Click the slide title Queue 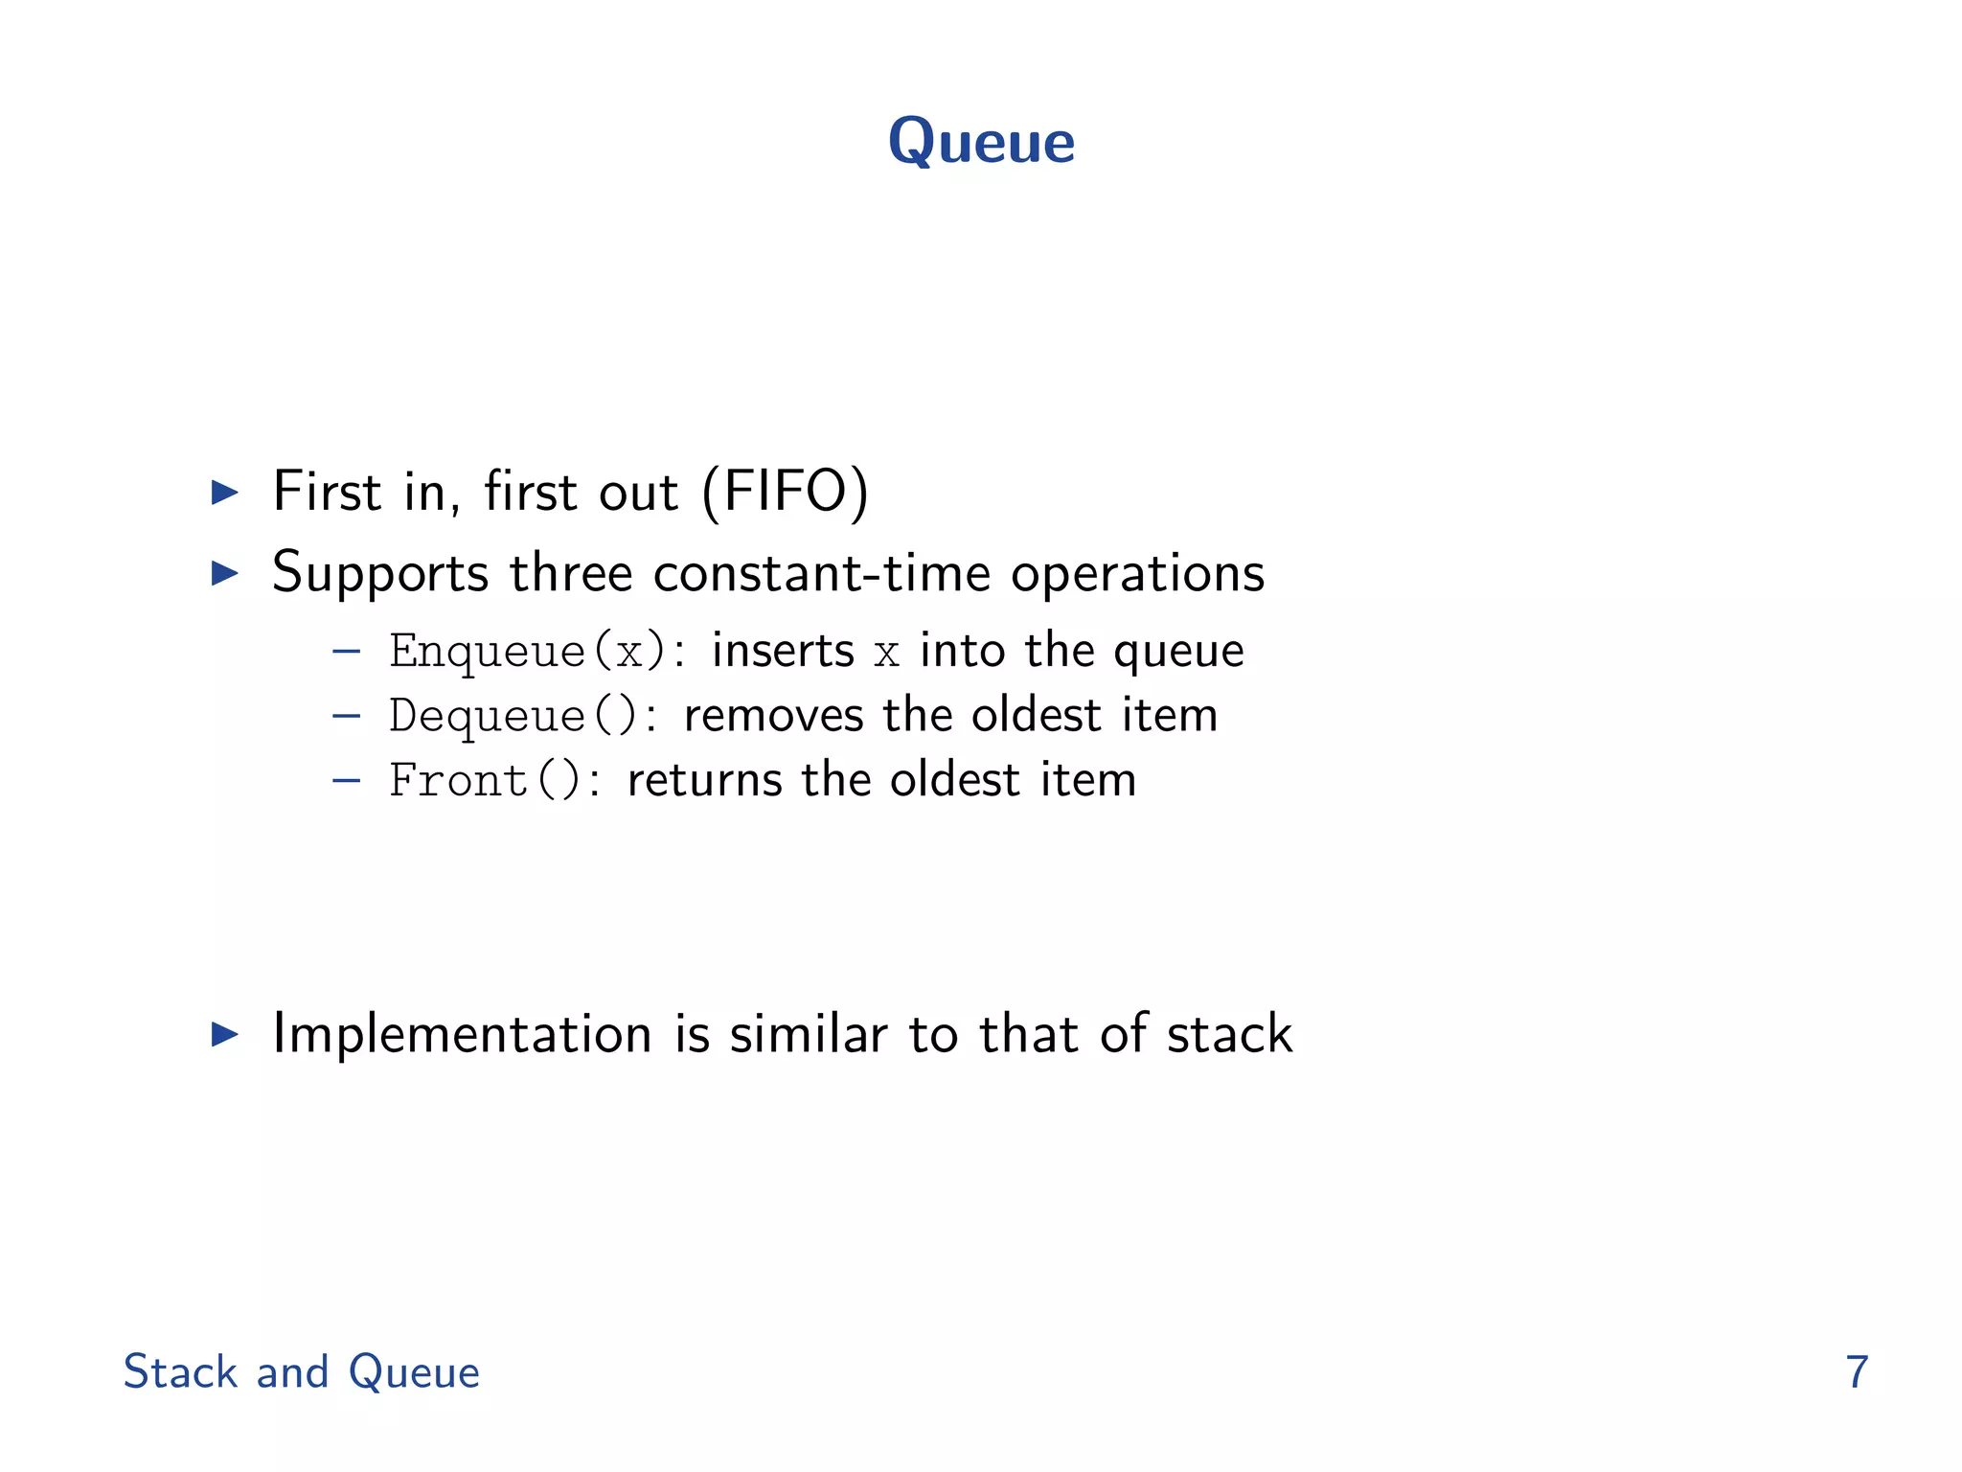click(x=981, y=142)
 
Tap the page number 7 click(x=1857, y=1371)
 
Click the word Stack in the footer click(x=180, y=1371)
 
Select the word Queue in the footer click(x=414, y=1371)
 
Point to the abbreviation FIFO click(x=786, y=492)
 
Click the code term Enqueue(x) click(x=527, y=652)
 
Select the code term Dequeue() click(x=513, y=716)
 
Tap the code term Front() click(x=485, y=780)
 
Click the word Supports click(x=380, y=574)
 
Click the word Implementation click(x=462, y=1034)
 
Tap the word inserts click(x=783, y=651)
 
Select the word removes click(x=773, y=716)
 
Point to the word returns click(x=704, y=780)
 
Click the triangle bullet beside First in click(x=225, y=493)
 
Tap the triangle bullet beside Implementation click(x=225, y=1034)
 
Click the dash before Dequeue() click(x=346, y=716)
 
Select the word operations click(x=1137, y=574)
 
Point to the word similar click(x=809, y=1034)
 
